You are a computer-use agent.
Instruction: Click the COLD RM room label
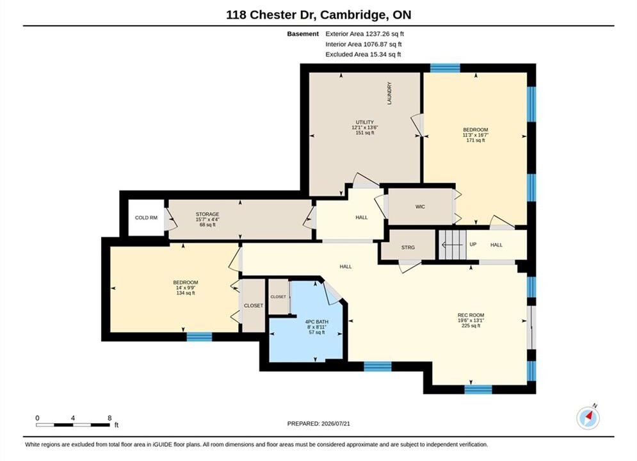tap(146, 218)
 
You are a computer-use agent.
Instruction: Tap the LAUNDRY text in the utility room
tap(390, 93)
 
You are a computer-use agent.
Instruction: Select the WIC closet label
tap(420, 207)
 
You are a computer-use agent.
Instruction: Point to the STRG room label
tap(408, 247)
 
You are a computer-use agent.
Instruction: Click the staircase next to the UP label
tap(452, 245)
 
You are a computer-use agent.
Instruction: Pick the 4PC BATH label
tap(317, 321)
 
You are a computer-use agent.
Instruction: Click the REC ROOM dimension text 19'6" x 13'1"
tap(471, 320)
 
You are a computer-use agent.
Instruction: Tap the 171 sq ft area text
tap(476, 140)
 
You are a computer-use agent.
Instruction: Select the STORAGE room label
tap(207, 214)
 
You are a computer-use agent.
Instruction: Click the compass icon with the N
tap(588, 417)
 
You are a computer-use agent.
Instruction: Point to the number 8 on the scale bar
tap(109, 417)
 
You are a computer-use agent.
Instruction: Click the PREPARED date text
tap(319, 424)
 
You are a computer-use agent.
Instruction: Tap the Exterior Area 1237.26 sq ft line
tap(365, 34)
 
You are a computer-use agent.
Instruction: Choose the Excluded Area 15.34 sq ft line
tap(363, 54)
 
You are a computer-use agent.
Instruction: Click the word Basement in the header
tap(303, 34)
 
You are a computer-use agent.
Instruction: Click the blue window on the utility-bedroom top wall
tap(445, 68)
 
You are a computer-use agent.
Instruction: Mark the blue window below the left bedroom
tap(199, 337)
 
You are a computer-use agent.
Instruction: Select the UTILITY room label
tap(365, 122)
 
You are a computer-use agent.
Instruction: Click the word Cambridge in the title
tap(353, 15)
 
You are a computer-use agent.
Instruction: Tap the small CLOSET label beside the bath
tap(278, 297)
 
